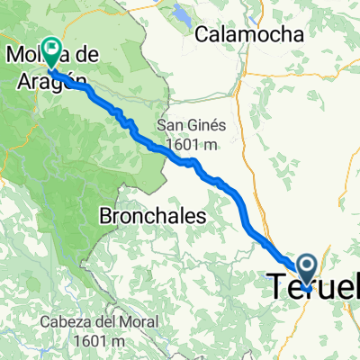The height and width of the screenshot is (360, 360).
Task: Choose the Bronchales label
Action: pos(153,217)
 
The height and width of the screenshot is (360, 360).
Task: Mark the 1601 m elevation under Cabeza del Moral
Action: pos(99,342)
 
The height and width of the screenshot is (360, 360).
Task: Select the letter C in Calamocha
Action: pos(202,35)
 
